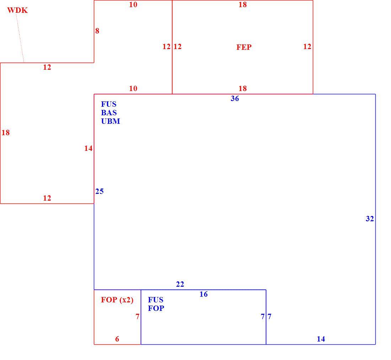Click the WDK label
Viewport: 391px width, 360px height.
[x=17, y=10]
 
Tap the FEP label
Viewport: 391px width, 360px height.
[x=244, y=47]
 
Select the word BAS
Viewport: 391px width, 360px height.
[x=109, y=112]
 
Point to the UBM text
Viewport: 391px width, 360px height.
[x=111, y=121]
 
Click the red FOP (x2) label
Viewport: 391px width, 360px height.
[x=117, y=300]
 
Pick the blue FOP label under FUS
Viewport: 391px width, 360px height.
[x=156, y=308]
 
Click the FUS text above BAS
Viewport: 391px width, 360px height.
[x=109, y=104]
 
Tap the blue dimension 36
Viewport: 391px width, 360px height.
[x=235, y=99]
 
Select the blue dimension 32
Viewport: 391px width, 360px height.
[x=370, y=219]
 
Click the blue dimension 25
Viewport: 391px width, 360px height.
[x=99, y=191]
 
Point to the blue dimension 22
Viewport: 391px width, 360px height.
[x=180, y=284]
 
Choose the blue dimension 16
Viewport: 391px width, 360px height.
[x=203, y=294]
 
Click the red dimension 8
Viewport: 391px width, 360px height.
[x=97, y=31]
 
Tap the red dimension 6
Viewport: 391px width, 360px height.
[x=117, y=339]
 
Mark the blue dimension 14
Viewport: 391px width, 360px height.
[x=321, y=339]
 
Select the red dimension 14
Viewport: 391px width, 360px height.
[x=88, y=148]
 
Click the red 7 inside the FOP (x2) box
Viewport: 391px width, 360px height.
[x=138, y=317]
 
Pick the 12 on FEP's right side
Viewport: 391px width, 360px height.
[x=307, y=47]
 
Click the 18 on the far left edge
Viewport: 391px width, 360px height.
[x=5, y=133]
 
